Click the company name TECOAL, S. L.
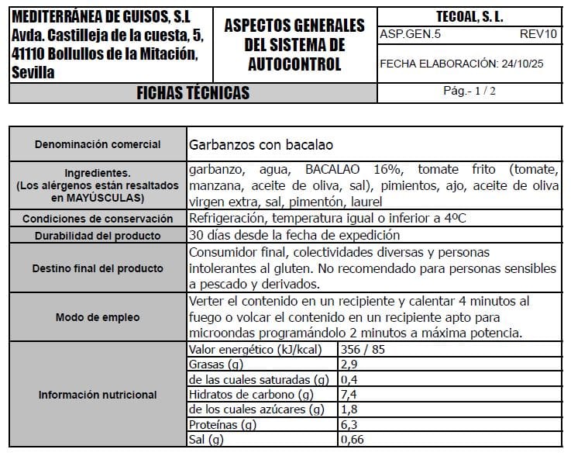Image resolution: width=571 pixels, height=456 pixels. (470, 16)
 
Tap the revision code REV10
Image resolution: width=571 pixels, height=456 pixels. (538, 34)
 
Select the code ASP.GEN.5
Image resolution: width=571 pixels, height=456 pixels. (407, 34)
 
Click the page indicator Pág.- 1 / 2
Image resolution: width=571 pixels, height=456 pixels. (470, 91)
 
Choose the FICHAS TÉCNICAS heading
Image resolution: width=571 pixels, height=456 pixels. (193, 93)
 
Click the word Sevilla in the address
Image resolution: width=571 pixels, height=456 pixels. (35, 73)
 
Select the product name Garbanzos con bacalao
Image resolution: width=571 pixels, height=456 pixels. (260, 144)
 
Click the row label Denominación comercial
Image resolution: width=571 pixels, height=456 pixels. (98, 144)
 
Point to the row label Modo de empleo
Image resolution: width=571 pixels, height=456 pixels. (98, 317)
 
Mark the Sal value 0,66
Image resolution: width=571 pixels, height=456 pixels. (352, 440)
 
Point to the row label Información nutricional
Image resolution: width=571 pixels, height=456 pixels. (98, 395)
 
